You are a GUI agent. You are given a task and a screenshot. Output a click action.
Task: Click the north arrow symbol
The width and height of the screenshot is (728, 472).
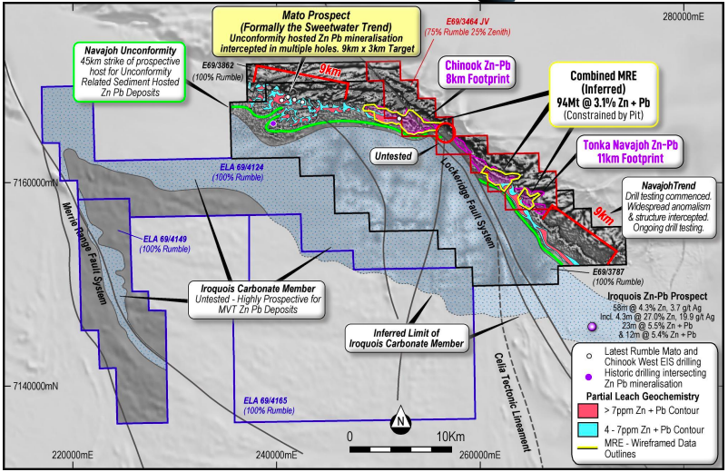pyautogui.click(x=400, y=419)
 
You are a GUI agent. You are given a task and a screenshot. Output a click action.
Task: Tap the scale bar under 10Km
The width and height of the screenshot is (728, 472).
pyautogui.click(x=400, y=449)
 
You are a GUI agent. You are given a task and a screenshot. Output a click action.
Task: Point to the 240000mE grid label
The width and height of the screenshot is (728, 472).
pyautogui.click(x=276, y=455)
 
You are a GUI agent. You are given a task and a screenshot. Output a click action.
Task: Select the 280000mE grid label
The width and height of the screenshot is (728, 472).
pyautogui.click(x=683, y=16)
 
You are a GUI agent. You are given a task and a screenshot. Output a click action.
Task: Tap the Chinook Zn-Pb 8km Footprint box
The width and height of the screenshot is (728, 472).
pyautogui.click(x=477, y=73)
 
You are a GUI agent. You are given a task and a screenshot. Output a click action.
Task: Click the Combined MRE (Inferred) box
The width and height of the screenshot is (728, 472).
pyautogui.click(x=604, y=94)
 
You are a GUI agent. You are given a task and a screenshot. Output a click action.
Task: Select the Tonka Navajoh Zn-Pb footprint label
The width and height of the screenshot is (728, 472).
pyautogui.click(x=630, y=152)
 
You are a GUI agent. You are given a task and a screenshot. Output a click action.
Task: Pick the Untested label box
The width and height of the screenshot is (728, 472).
pyautogui.click(x=393, y=156)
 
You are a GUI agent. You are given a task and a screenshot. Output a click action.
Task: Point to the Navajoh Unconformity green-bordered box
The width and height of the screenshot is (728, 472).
pyautogui.click(x=130, y=72)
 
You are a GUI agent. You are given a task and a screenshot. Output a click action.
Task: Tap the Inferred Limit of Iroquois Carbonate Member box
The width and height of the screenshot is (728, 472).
pyautogui.click(x=407, y=339)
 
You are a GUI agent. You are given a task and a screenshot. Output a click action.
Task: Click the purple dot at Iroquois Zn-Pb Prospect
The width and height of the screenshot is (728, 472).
pyautogui.click(x=592, y=327)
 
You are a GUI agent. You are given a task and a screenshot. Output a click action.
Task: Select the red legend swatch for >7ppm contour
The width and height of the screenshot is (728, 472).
pyautogui.click(x=587, y=411)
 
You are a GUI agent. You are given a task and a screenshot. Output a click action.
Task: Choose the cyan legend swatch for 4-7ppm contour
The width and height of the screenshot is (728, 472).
pyautogui.click(x=587, y=429)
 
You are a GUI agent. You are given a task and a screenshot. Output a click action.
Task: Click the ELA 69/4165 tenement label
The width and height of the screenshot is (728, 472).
pyautogui.click(x=269, y=405)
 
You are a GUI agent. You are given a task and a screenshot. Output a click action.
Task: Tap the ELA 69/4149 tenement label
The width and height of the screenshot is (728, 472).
pyautogui.click(x=165, y=244)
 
